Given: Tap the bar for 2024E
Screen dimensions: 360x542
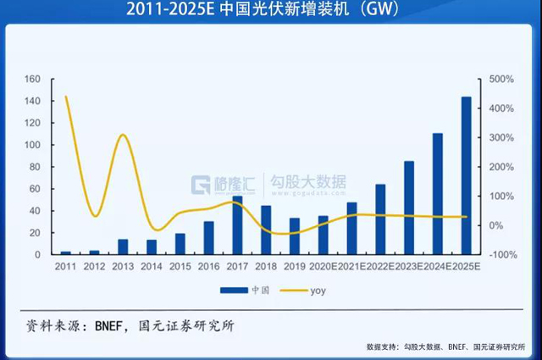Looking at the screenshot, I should [x=438, y=194].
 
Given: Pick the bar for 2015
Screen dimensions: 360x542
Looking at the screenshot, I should [x=180, y=244].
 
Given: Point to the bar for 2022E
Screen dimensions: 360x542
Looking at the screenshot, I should [x=380, y=219].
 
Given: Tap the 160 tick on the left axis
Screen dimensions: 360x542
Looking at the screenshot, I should [x=33, y=80].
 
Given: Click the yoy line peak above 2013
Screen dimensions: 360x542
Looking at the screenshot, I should [x=123, y=135].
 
